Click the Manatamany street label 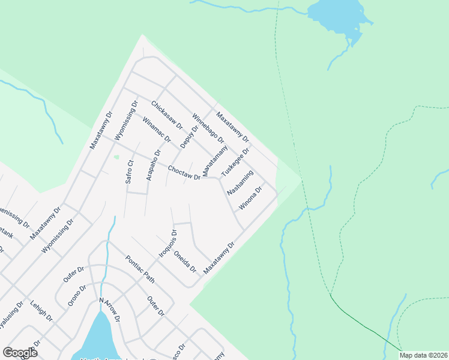[x=215, y=160]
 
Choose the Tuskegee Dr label [x=235, y=162]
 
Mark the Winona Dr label [x=251, y=198]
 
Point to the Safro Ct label [x=129, y=172]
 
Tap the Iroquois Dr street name [x=168, y=243]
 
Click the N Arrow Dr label [x=110, y=310]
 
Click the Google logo [x=20, y=353]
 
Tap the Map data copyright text [x=423, y=355]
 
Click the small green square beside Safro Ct [x=116, y=158]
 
